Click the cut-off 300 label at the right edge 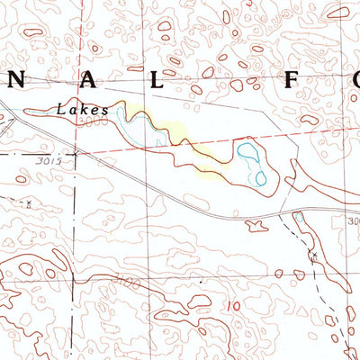353,220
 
